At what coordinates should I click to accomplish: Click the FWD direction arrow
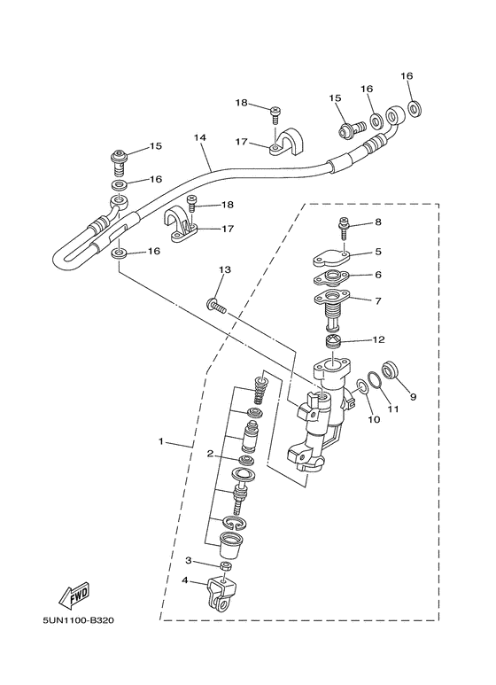coord(74,595)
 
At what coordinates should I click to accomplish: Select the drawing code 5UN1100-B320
coord(78,620)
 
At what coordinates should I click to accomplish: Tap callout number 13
coord(225,270)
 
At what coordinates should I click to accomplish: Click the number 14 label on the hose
coord(200,137)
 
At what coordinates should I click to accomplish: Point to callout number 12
coord(378,339)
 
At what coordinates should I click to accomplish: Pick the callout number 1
coord(160,441)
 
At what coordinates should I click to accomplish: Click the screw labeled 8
coord(344,228)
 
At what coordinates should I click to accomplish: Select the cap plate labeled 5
coord(329,259)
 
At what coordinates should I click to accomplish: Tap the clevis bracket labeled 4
coord(218,594)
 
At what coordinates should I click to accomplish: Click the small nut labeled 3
coord(226,566)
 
